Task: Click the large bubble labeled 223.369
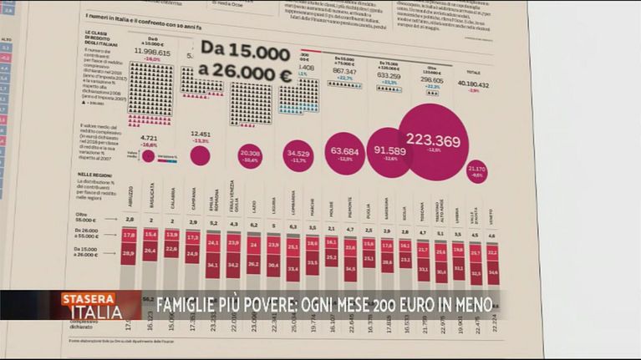click(433, 141)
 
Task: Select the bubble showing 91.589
click(389, 151)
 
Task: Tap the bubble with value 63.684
click(344, 152)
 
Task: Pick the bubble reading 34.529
click(298, 155)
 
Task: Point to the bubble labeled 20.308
click(250, 155)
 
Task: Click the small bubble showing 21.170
click(476, 171)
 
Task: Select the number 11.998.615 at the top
click(152, 52)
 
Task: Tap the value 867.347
click(344, 71)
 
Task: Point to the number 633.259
click(389, 75)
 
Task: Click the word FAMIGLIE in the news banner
click(183, 301)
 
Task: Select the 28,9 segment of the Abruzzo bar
click(129, 252)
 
